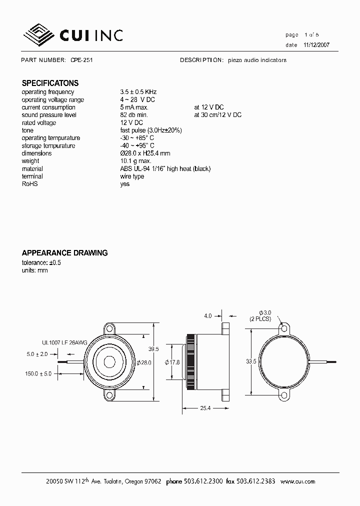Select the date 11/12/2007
(x=316, y=45)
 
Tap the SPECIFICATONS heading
(x=50, y=83)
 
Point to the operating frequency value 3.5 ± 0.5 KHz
(x=138, y=92)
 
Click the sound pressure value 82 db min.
(x=134, y=115)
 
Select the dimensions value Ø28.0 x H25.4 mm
(x=145, y=153)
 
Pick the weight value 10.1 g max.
(x=135, y=161)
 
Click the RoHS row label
(x=29, y=184)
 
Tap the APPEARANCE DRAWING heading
(x=64, y=253)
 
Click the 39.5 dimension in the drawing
(x=154, y=349)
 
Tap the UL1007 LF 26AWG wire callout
(x=64, y=343)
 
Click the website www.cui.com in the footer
(x=298, y=481)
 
